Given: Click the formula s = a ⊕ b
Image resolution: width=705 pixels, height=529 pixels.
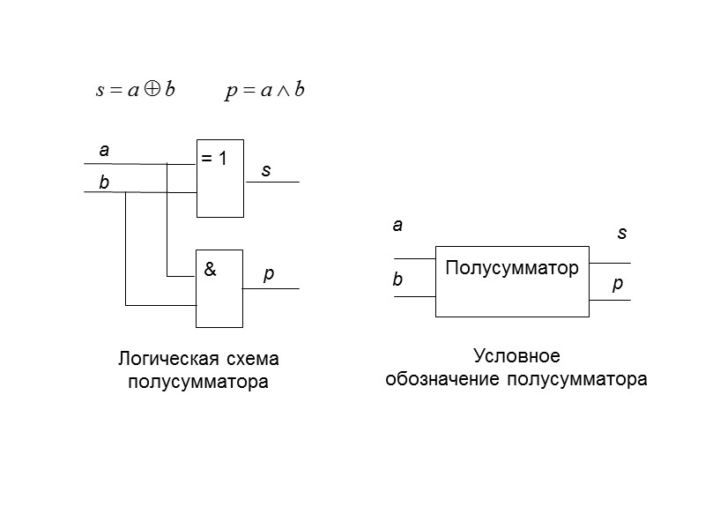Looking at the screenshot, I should tap(135, 91).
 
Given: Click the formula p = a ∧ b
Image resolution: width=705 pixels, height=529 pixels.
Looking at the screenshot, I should tap(264, 91).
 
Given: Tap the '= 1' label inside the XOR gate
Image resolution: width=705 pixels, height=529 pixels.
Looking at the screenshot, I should tap(214, 160).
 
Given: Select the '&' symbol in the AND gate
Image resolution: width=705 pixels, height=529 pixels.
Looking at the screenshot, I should tap(210, 271).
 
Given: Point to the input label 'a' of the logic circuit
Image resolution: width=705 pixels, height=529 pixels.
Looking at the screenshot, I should tap(104, 151).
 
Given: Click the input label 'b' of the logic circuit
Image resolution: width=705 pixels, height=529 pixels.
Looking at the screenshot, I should tap(104, 183).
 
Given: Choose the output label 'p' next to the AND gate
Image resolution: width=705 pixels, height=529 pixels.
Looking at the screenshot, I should tap(270, 275).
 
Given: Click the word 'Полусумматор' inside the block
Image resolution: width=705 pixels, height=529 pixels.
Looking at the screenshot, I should tap(512, 267).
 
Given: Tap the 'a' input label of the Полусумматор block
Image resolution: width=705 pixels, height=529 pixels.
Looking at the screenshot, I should tap(397, 226).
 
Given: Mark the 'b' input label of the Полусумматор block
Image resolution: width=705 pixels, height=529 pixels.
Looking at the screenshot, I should tap(397, 280).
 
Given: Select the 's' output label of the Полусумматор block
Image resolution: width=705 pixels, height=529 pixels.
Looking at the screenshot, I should tap(621, 234).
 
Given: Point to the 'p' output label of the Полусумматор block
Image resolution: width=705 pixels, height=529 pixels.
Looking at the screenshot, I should tap(618, 287).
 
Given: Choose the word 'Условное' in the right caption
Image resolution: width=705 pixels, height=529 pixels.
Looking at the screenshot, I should tap(516, 356).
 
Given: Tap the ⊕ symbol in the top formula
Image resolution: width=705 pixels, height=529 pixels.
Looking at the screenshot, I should tap(152, 91).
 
